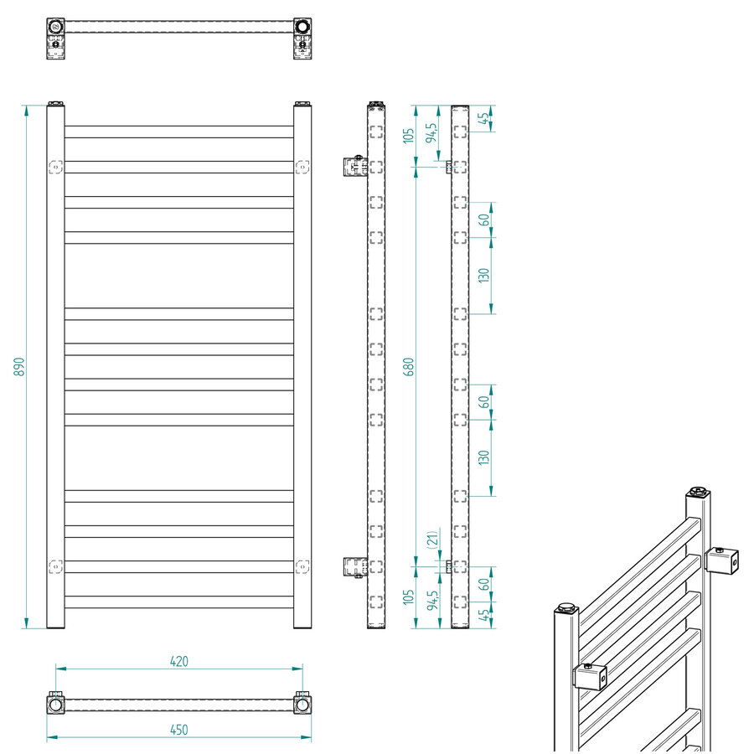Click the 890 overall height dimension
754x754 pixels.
[x=19, y=366]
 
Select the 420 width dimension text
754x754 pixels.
[x=178, y=661]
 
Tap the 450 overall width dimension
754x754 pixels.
[x=178, y=730]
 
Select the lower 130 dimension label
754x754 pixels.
[x=484, y=457]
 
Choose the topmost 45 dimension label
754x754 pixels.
[x=484, y=118]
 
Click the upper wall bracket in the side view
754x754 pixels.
[x=354, y=166]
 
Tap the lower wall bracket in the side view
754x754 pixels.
[x=354, y=567]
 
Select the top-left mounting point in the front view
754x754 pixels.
[x=56, y=167]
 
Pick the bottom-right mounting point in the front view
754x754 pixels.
[x=302, y=566]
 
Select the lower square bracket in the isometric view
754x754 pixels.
[x=590, y=676]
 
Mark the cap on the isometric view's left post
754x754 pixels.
[x=566, y=605]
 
